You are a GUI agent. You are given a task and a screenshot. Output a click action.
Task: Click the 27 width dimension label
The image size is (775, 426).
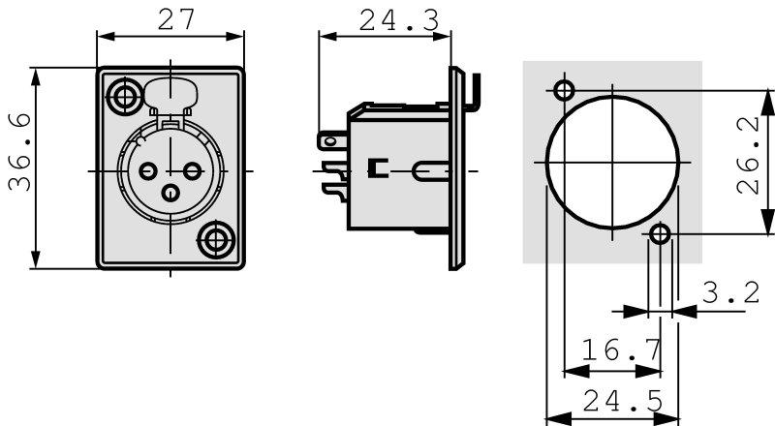click(171, 20)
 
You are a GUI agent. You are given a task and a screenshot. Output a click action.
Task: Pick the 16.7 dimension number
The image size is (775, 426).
click(622, 350)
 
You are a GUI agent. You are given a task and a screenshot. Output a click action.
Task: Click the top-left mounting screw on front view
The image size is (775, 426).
click(124, 96)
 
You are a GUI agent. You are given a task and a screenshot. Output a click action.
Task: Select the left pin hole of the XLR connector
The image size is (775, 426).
click(148, 171)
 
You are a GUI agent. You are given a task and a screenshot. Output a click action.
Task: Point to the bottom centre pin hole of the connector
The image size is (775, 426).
click(170, 193)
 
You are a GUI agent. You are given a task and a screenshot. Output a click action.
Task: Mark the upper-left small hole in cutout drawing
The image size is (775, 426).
click(565, 91)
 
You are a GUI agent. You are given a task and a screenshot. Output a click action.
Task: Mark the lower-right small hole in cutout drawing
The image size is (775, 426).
click(660, 234)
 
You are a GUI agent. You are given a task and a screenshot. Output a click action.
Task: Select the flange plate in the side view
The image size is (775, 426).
click(454, 169)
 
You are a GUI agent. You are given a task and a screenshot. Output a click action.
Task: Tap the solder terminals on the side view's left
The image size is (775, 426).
click(332, 160)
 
